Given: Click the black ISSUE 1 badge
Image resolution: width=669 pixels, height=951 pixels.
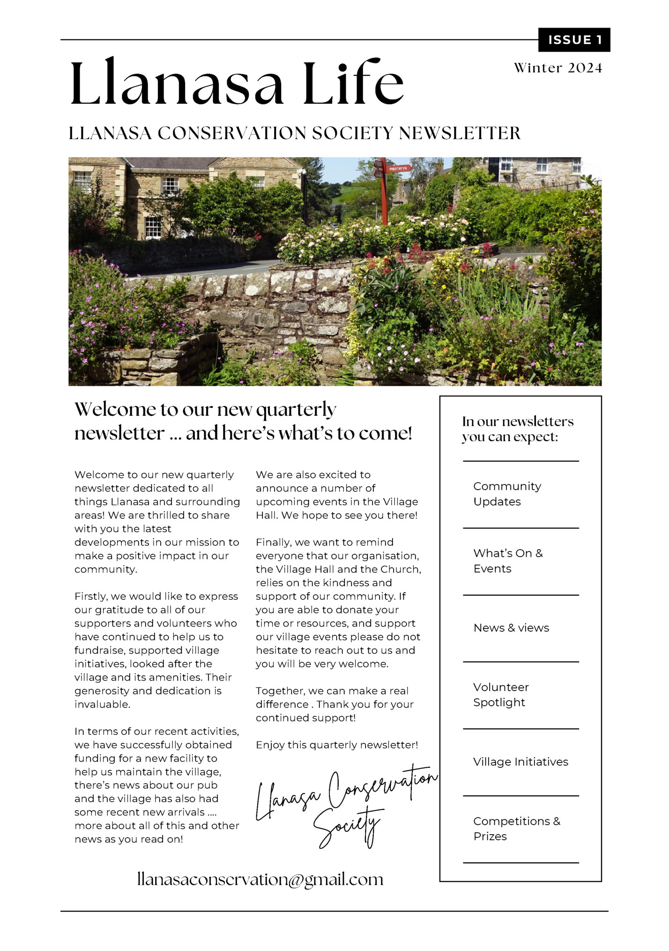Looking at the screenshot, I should pos(574,40).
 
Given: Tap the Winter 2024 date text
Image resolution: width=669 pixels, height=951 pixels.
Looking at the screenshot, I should pos(557,68).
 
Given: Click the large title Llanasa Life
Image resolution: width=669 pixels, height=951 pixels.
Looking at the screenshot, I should pos(237,83).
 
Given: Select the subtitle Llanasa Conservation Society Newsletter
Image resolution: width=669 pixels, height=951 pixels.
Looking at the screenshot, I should pos(294,133).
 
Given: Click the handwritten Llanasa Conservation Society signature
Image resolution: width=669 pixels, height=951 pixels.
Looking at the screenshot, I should pos(347,803).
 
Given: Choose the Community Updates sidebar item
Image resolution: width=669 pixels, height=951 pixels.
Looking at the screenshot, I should pos(507,494).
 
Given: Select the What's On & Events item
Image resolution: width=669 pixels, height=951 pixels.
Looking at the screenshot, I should pos(508,561).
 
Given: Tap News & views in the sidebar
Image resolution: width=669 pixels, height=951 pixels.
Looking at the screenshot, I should pos(511,628).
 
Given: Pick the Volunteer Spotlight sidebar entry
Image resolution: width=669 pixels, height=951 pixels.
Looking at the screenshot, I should pos(501,694).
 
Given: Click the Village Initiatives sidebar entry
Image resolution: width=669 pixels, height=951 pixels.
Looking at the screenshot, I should pos(520,762).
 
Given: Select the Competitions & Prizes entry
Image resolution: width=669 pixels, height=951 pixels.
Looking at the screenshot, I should pos(516,829).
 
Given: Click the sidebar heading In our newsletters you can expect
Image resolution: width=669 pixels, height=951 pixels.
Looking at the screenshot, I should pos(517,429).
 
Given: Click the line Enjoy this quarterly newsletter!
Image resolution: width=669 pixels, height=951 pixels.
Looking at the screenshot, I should pos(337,745).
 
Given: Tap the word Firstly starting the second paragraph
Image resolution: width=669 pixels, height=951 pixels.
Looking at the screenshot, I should pos(90,596).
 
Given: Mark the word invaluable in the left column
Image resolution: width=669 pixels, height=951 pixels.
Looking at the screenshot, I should pos(102,704).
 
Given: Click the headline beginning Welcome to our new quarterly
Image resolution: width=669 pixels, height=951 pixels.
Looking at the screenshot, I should pos(243,421).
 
